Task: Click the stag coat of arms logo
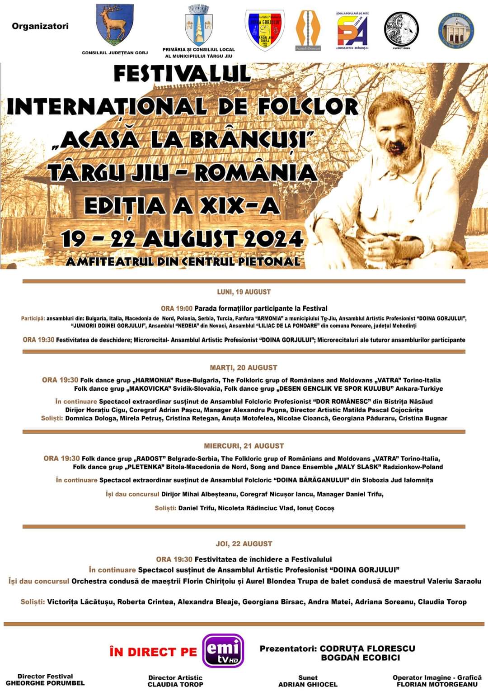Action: click(114, 24)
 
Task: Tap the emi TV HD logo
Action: click(223, 651)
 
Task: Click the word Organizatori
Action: click(40, 26)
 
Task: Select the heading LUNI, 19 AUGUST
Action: click(244, 292)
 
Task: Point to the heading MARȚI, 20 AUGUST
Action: click(244, 368)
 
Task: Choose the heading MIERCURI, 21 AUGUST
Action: click(244, 446)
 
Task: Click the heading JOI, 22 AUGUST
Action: click(244, 544)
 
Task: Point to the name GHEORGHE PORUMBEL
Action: click(45, 683)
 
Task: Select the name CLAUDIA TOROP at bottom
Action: click(175, 684)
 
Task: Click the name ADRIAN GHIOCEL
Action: click(308, 684)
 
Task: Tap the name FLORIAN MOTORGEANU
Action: click(437, 684)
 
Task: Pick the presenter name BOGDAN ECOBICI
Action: click(360, 658)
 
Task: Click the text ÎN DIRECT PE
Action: click(153, 652)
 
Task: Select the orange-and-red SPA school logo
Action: click(352, 29)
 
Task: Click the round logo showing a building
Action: click(457, 30)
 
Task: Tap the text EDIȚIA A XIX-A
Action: click(182, 206)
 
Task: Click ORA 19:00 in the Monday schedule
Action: click(176, 308)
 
